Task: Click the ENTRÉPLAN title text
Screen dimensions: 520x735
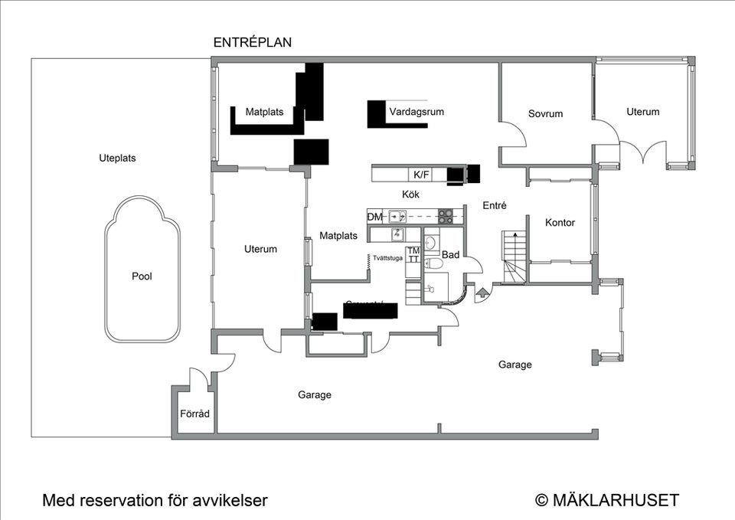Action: pyautogui.click(x=252, y=43)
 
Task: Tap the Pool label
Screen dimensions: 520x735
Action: pyautogui.click(x=142, y=276)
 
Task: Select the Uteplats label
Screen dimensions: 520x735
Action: pyautogui.click(x=117, y=158)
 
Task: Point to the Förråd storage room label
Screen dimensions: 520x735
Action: pyautogui.click(x=194, y=414)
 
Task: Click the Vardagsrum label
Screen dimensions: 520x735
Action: pyautogui.click(x=416, y=112)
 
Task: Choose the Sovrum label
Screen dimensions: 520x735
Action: pyautogui.click(x=545, y=113)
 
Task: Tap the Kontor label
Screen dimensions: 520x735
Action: pyautogui.click(x=560, y=223)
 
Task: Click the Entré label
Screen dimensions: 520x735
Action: pyautogui.click(x=495, y=205)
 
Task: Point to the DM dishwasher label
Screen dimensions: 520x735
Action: pyautogui.click(x=374, y=217)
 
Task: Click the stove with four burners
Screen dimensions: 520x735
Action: pyautogui.click(x=445, y=216)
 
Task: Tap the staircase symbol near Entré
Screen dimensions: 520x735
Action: pyautogui.click(x=514, y=256)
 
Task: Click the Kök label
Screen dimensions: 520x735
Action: pyautogui.click(x=410, y=195)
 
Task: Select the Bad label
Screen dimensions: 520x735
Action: pyautogui.click(x=450, y=254)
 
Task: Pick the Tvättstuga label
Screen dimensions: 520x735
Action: pyautogui.click(x=387, y=258)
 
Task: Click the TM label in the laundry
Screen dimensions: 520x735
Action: pyautogui.click(x=413, y=250)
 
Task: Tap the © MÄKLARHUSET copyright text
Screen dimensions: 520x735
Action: pyautogui.click(x=606, y=500)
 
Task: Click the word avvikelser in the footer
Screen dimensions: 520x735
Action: pyautogui.click(x=228, y=501)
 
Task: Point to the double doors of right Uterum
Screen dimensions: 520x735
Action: pyautogui.click(x=643, y=152)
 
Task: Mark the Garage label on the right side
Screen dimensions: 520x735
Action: pyautogui.click(x=514, y=365)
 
